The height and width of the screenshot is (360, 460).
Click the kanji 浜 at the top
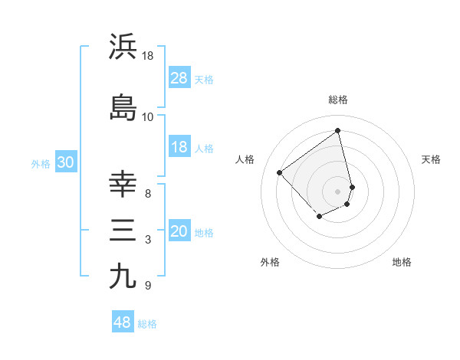click(123, 47)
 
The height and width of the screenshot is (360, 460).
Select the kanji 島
click(123, 107)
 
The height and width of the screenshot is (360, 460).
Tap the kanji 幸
click(123, 184)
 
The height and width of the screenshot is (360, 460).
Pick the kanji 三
click(123, 231)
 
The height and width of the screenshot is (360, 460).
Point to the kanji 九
click(123, 276)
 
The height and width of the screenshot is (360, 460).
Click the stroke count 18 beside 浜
click(148, 55)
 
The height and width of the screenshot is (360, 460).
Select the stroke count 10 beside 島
click(148, 116)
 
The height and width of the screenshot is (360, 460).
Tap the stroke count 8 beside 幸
click(148, 193)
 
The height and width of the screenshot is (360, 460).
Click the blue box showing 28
click(179, 78)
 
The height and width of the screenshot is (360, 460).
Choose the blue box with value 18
click(179, 147)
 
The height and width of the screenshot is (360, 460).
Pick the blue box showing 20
click(179, 232)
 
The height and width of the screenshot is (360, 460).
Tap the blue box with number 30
click(65, 162)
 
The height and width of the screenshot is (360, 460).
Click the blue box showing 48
click(123, 322)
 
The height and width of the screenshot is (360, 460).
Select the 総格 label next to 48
click(148, 324)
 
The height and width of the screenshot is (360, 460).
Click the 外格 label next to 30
click(41, 163)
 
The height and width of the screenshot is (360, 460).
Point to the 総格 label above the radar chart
click(338, 100)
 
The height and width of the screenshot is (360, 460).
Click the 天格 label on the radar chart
click(431, 159)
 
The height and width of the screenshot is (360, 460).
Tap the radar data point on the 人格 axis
click(280, 173)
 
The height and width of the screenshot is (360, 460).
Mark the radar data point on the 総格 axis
click(338, 130)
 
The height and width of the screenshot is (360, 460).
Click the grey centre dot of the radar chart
click(338, 191)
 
